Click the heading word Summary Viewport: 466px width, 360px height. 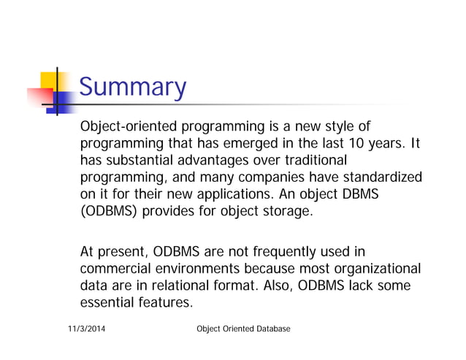point(132,88)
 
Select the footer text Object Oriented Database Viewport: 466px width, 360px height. point(244,329)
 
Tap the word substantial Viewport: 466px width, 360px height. point(141,159)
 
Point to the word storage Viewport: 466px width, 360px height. point(289,212)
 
